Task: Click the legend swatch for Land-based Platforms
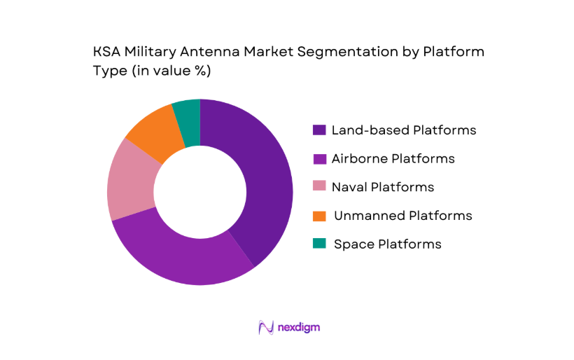pos(319,130)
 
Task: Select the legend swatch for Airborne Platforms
pos(319,159)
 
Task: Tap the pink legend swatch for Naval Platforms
pos(319,187)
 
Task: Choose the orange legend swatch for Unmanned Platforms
pos(319,216)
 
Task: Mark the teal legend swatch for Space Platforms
pos(319,244)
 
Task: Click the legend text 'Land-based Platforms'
pos(404,130)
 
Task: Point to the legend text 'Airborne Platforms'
pos(393,159)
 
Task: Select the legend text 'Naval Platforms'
pos(383,187)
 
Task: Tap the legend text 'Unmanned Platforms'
pos(402,216)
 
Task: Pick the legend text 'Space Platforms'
pos(388,244)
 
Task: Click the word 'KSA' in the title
pos(106,52)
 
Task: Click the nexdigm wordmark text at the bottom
pos(299,327)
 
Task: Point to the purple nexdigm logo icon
pos(265,327)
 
